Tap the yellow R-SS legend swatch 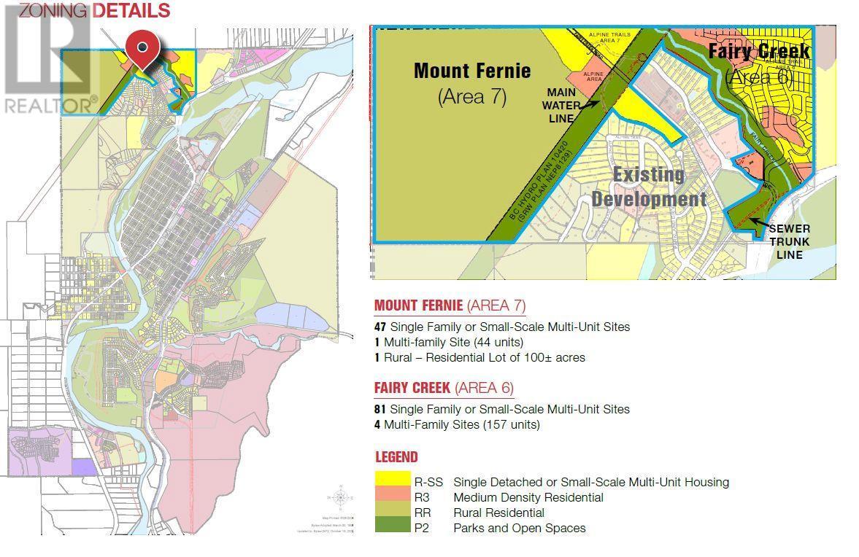[x=392, y=481]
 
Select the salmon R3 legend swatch [x=392, y=497]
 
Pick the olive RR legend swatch [x=392, y=513]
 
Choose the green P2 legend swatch [x=392, y=528]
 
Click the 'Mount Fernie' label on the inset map [x=472, y=71]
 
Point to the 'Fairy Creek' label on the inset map [x=759, y=51]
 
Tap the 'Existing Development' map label [x=649, y=187]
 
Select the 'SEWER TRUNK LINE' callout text [x=789, y=241]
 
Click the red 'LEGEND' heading [x=396, y=457]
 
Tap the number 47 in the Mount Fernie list [x=380, y=327]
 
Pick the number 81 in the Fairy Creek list [x=380, y=409]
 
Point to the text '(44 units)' [x=498, y=342]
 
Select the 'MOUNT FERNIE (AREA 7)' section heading [x=450, y=305]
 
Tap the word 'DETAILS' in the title [x=131, y=10]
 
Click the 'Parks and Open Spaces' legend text [x=519, y=528]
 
